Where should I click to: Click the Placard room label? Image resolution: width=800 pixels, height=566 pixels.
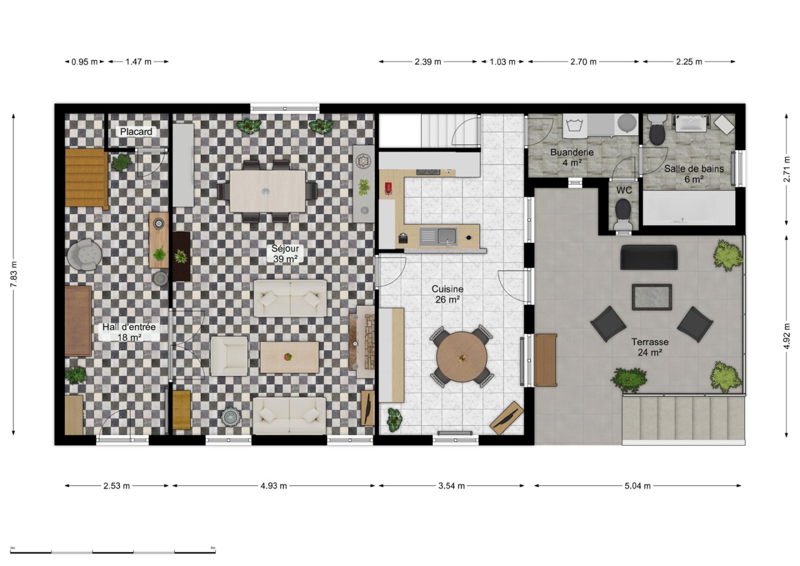[x=136, y=132]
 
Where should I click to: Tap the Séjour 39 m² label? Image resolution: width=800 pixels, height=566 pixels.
[x=285, y=254]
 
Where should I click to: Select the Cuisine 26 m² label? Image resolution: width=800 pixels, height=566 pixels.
[x=447, y=294]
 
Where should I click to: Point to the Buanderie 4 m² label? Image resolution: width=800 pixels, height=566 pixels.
[x=572, y=157]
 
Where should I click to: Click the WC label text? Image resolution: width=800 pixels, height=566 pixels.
[x=624, y=191]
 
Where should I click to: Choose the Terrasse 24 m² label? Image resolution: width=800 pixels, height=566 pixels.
[x=650, y=347]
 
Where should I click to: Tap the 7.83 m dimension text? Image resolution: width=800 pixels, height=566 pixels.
[x=14, y=274]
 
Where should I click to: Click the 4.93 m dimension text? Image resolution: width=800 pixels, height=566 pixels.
[x=273, y=486]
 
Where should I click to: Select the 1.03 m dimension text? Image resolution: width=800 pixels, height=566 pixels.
[x=503, y=62]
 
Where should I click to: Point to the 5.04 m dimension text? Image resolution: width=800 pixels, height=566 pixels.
[x=637, y=486]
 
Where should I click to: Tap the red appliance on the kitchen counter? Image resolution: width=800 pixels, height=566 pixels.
[x=389, y=188]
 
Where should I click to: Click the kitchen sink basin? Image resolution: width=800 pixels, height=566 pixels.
[x=447, y=236]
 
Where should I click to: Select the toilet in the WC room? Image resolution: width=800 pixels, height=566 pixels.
[x=623, y=213]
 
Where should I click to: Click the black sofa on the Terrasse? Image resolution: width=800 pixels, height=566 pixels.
[x=648, y=257]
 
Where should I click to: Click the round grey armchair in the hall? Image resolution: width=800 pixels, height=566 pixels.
[x=84, y=254]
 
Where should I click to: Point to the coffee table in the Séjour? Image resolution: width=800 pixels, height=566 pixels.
[x=289, y=357]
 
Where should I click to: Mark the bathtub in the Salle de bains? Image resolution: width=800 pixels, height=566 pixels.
[x=689, y=207]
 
